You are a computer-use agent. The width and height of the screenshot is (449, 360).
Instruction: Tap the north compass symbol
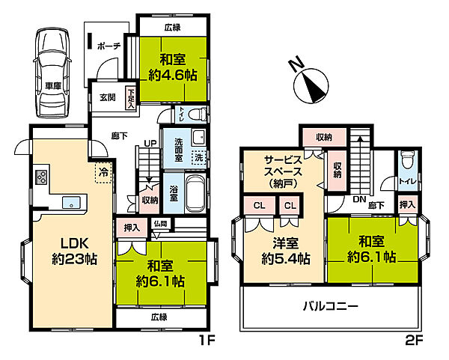click(310, 82)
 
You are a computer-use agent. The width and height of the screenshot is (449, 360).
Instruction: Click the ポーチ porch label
click(109, 46)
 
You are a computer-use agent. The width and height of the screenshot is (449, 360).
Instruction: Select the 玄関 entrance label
click(108, 97)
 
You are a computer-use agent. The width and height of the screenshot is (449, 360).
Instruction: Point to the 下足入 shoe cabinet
click(131, 98)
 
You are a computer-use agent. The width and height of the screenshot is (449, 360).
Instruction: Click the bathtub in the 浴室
click(195, 193)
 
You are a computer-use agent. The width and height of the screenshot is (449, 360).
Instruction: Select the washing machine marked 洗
click(199, 157)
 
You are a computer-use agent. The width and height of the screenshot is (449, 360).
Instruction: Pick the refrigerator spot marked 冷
click(103, 172)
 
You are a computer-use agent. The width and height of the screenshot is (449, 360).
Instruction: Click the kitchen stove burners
click(41, 177)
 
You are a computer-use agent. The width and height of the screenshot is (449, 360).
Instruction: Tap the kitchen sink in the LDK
click(71, 203)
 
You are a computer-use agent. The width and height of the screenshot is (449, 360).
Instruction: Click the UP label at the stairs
click(150, 143)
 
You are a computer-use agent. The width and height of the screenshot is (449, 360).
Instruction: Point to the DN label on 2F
click(360, 200)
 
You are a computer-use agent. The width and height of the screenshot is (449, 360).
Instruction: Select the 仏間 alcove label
click(160, 223)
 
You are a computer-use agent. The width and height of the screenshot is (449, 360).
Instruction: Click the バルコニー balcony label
click(331, 307)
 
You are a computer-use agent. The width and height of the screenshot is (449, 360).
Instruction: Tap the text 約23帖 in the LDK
click(74, 259)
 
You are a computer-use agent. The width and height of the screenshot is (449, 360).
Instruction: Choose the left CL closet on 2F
click(260, 205)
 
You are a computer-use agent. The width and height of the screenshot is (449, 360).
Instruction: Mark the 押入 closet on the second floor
click(407, 205)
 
